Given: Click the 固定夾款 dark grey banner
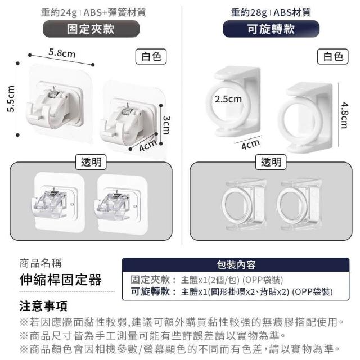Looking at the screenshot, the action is [91, 29].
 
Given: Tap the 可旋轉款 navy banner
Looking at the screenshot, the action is [271, 29].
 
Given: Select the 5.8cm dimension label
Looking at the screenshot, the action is [62, 53].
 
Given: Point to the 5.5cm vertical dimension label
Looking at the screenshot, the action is [11, 99].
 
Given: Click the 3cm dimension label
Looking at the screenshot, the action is [166, 125].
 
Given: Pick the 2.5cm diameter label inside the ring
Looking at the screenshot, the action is [228, 99].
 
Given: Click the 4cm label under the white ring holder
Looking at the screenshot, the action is [250, 144].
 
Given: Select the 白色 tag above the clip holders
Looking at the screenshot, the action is [151, 56].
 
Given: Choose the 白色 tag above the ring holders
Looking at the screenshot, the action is [333, 56].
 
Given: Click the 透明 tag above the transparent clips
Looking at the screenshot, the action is [91, 162].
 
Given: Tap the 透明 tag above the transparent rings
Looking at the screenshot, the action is [271, 162].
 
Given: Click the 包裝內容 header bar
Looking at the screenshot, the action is [236, 265].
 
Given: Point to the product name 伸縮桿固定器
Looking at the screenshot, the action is [61, 280].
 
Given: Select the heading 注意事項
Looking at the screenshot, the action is [43, 306].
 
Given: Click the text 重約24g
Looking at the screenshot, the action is [58, 12].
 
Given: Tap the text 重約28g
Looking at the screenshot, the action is [249, 12].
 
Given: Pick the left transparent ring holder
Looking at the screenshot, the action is [244, 204].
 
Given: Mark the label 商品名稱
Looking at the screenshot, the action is [40, 263].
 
